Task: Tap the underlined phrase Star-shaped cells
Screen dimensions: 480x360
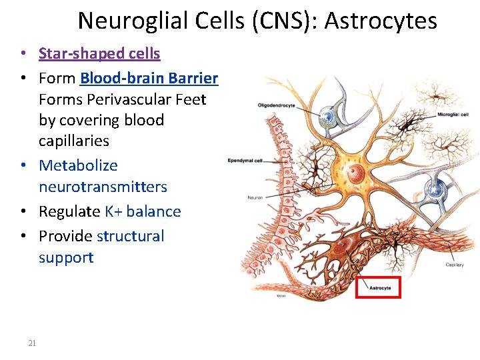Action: click(99, 53)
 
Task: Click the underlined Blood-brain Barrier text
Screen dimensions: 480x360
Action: click(149, 78)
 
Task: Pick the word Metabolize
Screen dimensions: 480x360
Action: click(78, 165)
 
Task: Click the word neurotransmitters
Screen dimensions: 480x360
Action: click(103, 187)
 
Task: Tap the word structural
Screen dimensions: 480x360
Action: click(130, 236)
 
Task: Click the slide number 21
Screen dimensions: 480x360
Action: click(32, 343)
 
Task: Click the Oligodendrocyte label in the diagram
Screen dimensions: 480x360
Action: click(277, 104)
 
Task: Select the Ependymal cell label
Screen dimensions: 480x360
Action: click(245, 161)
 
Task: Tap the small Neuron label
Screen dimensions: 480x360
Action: click(255, 197)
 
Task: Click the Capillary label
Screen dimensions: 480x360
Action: click(454, 265)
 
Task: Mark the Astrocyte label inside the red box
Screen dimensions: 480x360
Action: click(380, 288)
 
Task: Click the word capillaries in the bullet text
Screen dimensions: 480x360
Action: click(73, 141)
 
